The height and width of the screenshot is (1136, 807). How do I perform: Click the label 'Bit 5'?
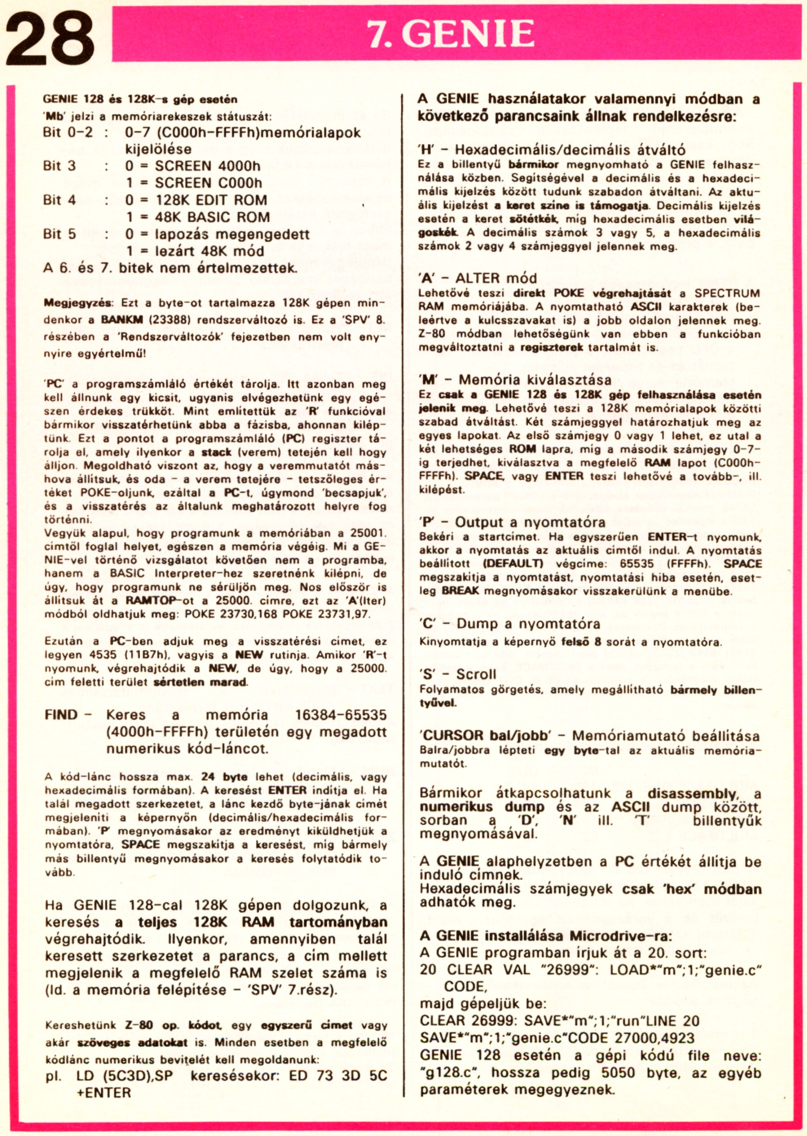click(x=60, y=234)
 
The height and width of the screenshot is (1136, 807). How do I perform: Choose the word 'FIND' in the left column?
click(x=61, y=715)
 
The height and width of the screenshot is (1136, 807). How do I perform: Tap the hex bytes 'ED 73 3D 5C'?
click(x=338, y=1075)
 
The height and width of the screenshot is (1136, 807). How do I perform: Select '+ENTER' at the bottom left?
click(x=103, y=1093)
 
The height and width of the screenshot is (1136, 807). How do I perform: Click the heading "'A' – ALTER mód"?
click(x=478, y=278)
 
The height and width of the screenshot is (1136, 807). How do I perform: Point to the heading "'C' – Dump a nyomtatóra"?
click(x=509, y=623)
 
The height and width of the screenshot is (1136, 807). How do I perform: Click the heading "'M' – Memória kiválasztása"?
click(x=515, y=379)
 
